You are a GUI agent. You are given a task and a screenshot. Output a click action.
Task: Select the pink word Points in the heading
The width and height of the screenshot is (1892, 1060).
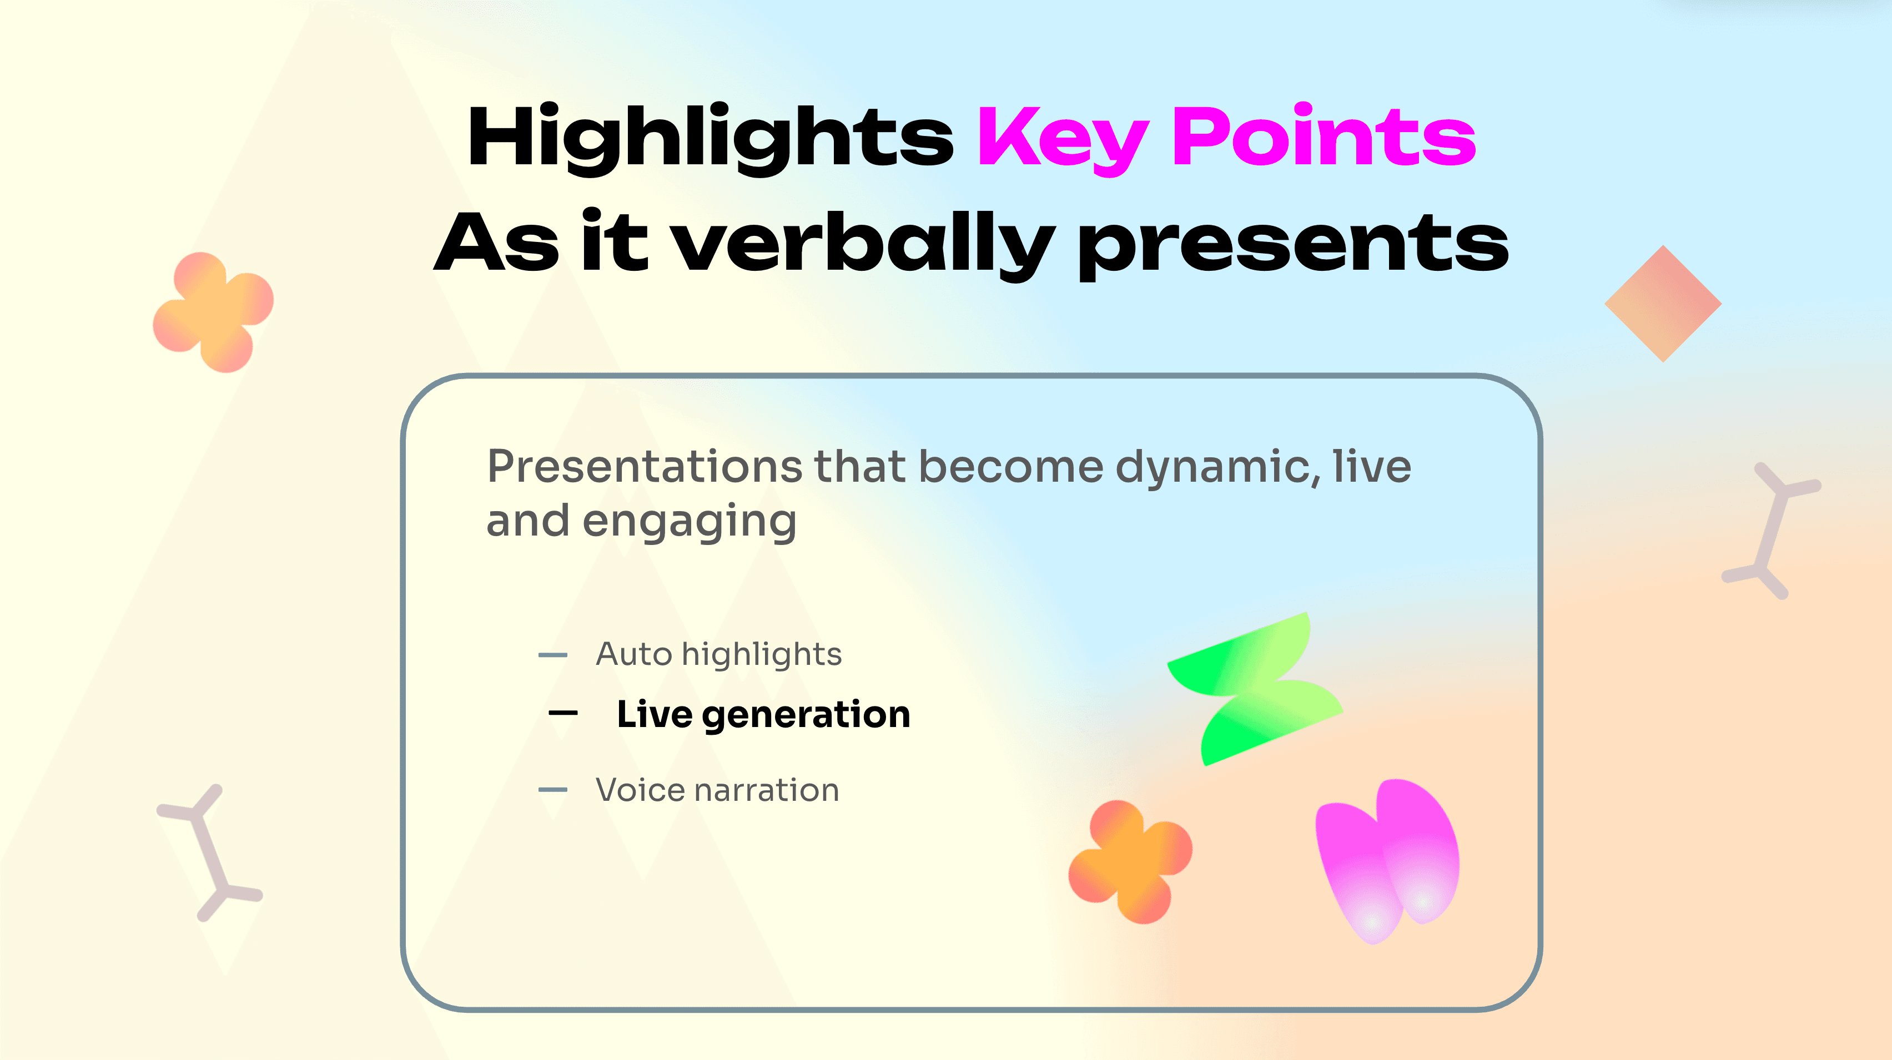point(1324,134)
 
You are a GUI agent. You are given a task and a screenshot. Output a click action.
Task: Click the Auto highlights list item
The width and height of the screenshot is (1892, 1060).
point(718,654)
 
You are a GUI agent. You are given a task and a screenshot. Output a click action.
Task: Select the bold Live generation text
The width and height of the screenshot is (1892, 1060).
point(763,714)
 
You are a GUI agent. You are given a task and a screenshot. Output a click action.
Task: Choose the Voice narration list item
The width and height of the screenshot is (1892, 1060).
point(717,790)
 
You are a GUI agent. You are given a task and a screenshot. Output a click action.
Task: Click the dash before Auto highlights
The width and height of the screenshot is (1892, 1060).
point(552,655)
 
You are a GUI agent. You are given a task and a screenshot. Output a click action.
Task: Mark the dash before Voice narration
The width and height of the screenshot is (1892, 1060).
point(552,790)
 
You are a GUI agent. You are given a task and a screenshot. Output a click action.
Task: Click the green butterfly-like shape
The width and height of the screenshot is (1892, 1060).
point(1255,689)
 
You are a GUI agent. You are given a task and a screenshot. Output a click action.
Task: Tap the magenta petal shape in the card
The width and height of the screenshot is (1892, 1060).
point(1387,860)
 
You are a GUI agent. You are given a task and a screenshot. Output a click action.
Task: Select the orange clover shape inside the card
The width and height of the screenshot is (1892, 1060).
point(1130,862)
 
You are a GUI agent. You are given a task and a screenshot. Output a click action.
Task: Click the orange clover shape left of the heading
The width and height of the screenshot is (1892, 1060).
point(213,312)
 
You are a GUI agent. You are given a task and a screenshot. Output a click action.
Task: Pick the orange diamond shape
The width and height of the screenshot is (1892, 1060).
point(1663,303)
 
